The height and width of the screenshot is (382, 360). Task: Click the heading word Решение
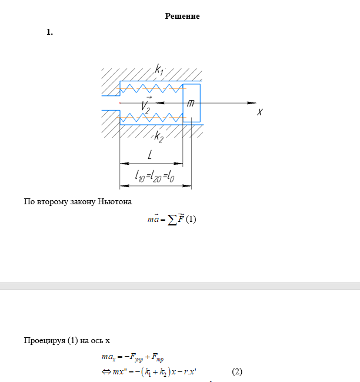click(x=182, y=16)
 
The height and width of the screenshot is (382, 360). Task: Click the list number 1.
click(x=49, y=32)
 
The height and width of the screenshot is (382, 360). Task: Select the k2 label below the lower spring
click(x=159, y=137)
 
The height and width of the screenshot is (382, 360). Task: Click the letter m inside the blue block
click(x=191, y=103)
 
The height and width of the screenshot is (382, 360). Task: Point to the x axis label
click(x=259, y=111)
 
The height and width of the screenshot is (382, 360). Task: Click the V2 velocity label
click(x=146, y=105)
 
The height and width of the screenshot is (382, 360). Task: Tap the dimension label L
click(x=151, y=155)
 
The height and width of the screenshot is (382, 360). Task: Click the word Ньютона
click(x=114, y=202)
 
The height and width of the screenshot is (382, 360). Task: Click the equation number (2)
click(x=237, y=371)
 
